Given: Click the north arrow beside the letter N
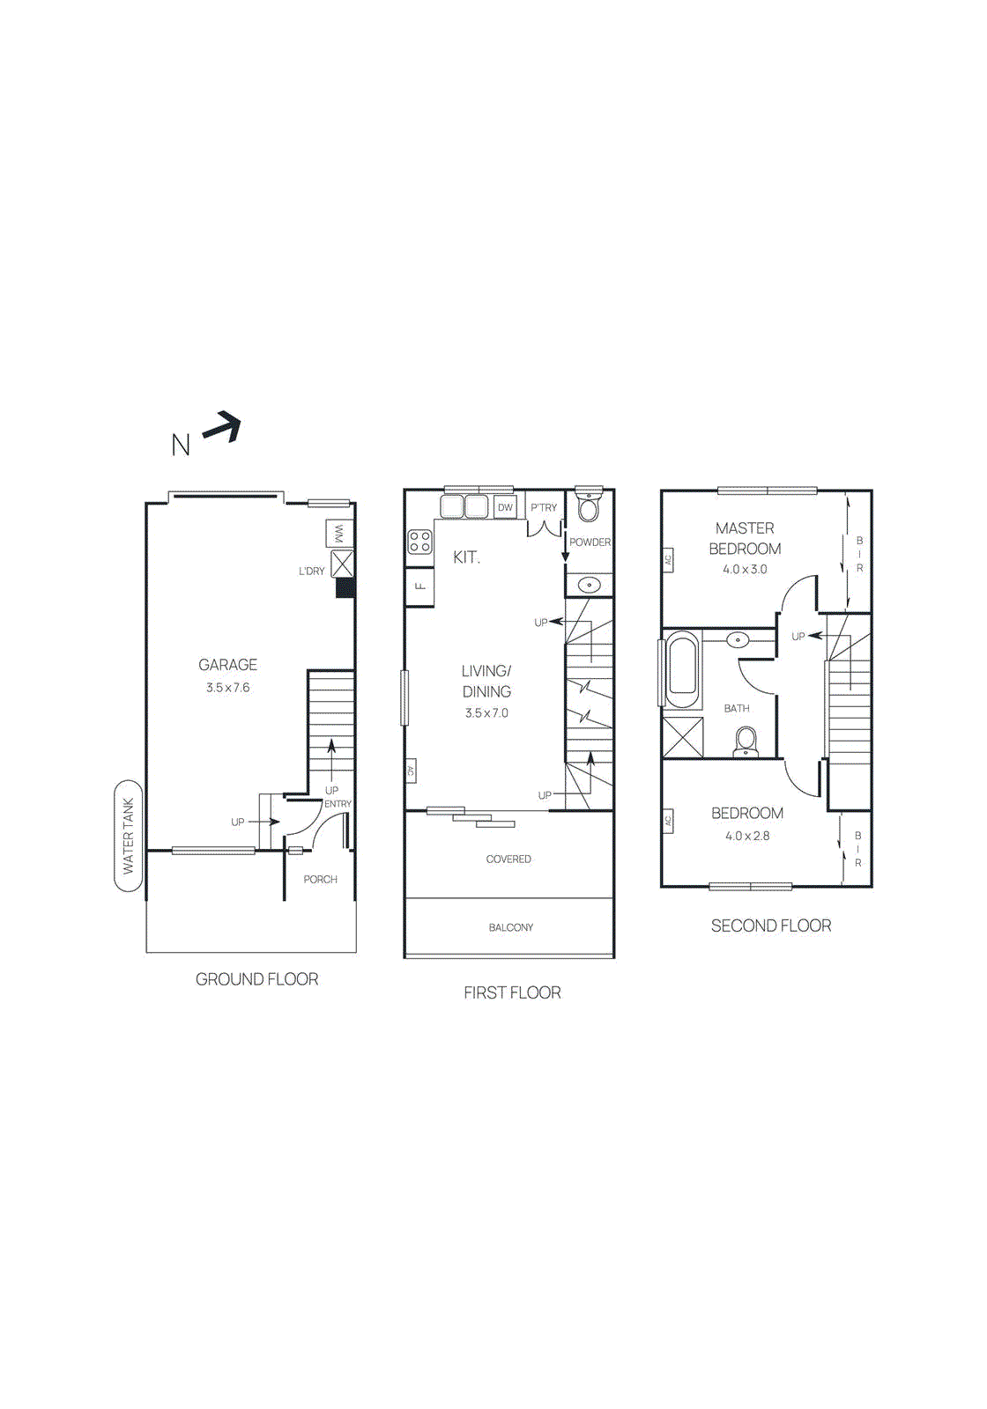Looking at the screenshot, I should [222, 428].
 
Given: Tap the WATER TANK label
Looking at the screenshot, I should [129, 836].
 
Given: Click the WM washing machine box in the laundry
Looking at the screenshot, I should [339, 534].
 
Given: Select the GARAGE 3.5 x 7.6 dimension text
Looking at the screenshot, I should [227, 688].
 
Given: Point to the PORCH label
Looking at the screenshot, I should [320, 879].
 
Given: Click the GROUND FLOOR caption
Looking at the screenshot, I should [256, 979].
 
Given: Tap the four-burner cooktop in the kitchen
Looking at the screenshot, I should [420, 542].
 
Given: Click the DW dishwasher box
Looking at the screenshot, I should [505, 507].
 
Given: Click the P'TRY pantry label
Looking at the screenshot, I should [544, 507].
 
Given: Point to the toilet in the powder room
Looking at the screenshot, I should [589, 507].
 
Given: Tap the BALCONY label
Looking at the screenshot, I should [510, 927].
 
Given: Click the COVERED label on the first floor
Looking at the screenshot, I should [508, 859].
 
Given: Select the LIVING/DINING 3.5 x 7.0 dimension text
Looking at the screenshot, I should [486, 713].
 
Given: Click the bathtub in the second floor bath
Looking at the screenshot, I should [683, 667].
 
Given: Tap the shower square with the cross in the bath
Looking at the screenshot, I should [683, 738].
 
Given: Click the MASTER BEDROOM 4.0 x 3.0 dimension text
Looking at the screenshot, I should [745, 569].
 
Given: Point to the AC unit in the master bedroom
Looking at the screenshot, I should [668, 558].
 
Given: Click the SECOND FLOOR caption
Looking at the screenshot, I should [771, 926].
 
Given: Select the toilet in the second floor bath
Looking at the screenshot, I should [746, 741].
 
